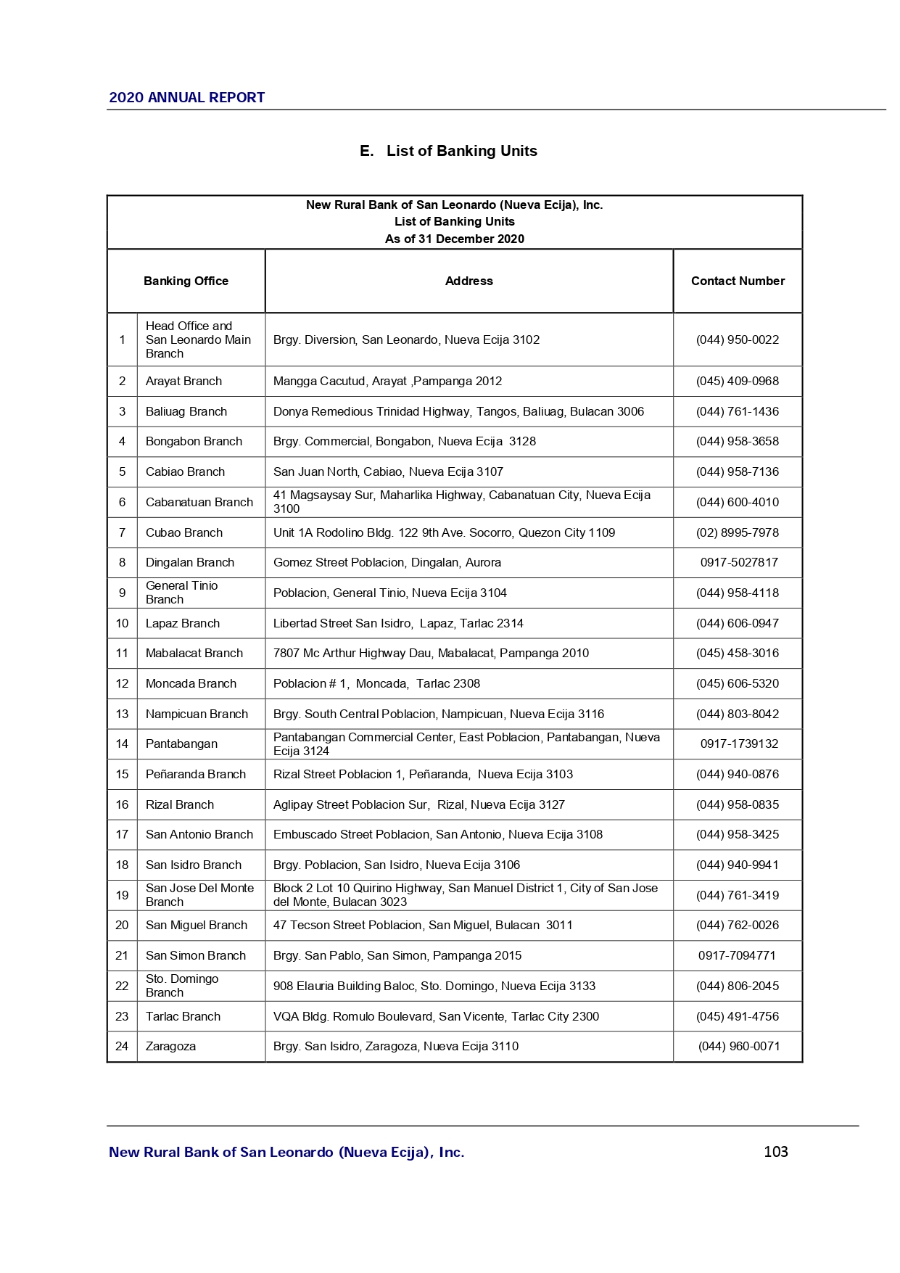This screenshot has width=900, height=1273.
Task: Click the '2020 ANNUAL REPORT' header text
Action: click(186, 97)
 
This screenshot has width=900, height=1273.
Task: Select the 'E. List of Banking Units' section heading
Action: click(448, 151)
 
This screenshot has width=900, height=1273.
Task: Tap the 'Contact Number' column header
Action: click(738, 281)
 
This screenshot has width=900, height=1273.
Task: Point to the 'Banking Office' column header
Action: click(186, 281)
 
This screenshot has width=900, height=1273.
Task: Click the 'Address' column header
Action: click(468, 281)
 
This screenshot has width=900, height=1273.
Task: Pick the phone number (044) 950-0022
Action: click(738, 339)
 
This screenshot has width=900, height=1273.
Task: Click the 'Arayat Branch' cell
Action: click(183, 381)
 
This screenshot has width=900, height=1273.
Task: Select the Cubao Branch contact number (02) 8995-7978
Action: click(738, 532)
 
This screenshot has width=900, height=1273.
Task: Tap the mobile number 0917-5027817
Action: click(739, 562)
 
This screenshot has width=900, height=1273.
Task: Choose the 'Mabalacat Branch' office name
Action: click(194, 653)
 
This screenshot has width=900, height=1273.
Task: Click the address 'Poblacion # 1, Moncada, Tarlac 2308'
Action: click(376, 683)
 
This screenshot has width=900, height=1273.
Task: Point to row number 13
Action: click(122, 714)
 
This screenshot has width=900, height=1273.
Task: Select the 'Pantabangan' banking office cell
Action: click(181, 743)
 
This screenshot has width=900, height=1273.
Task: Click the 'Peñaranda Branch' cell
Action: click(195, 774)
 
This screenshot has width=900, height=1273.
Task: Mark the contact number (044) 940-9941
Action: click(738, 865)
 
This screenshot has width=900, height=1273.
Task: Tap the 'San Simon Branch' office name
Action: click(195, 955)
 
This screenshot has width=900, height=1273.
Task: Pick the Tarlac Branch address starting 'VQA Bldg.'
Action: click(436, 1016)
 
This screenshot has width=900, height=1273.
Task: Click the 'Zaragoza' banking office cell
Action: click(170, 1046)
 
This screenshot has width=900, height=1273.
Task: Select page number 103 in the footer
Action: click(775, 1152)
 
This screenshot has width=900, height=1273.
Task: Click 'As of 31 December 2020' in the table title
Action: click(454, 239)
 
